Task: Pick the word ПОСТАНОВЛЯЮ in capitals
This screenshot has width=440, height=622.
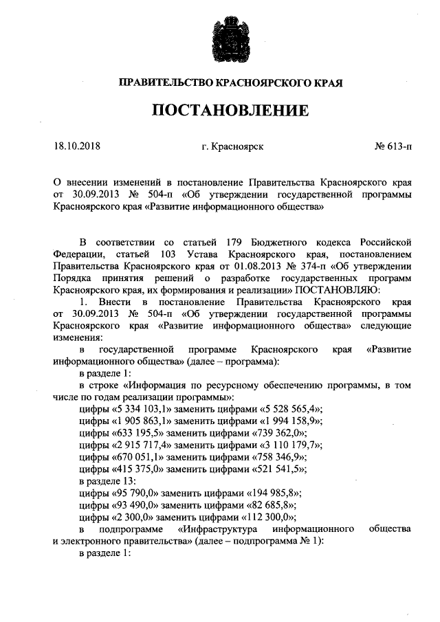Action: point(336,291)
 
